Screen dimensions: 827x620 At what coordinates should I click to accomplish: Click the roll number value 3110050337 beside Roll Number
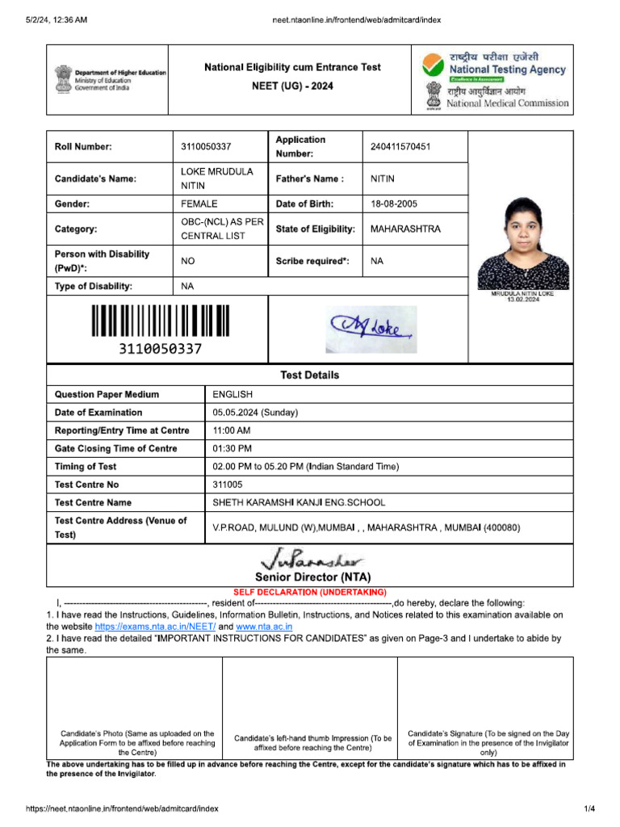(206, 146)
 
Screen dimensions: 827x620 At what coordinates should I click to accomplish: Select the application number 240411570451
(400, 146)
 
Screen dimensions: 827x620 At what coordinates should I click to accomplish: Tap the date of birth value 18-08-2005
(394, 204)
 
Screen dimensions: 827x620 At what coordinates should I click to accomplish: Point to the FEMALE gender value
(199, 204)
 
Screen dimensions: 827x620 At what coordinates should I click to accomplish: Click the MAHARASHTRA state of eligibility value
(405, 229)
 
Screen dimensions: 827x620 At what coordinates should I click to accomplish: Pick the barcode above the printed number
(160, 321)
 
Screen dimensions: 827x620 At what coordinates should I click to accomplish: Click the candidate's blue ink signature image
(371, 329)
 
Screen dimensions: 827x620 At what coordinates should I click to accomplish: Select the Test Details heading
(309, 376)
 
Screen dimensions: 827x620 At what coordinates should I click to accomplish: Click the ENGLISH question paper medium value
(232, 395)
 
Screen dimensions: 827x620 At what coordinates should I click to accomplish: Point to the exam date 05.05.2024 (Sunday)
(255, 413)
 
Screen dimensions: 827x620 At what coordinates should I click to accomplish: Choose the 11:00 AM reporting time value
(232, 430)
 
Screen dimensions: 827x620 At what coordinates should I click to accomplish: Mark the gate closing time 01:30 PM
(232, 448)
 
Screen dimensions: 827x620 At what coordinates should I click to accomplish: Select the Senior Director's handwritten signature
(312, 559)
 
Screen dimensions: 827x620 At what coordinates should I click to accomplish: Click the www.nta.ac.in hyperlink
(264, 627)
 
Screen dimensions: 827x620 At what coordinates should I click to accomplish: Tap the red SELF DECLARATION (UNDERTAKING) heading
(310, 592)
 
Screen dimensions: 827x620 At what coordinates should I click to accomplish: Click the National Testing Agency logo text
(507, 69)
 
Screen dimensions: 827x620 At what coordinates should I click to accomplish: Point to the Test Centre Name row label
(93, 502)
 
